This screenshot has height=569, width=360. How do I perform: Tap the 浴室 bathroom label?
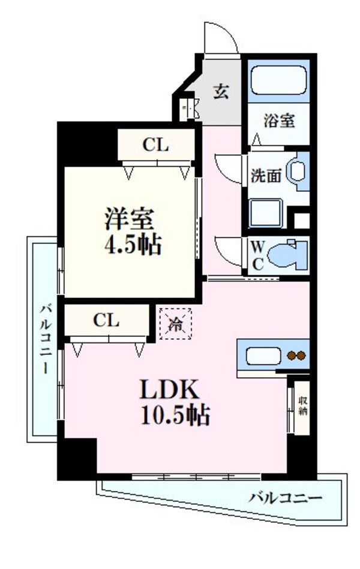point(279,121)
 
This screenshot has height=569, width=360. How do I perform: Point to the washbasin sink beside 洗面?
point(297,170)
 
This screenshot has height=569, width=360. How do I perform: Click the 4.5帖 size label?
point(130,244)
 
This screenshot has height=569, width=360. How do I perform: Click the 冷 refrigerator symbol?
point(175,324)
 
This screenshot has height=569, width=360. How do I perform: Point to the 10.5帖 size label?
point(175,414)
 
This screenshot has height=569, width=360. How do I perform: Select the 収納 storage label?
point(304,406)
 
